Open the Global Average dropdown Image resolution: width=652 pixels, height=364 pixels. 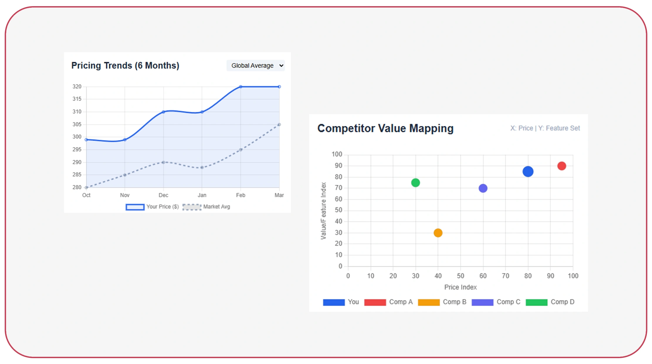[x=255, y=65]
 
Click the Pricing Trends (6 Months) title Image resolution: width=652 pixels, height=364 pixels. [x=125, y=65]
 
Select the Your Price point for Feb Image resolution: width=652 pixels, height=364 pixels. [x=241, y=87]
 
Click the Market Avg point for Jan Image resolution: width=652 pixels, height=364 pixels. [x=202, y=167]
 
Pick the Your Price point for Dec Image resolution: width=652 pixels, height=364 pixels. [x=163, y=112]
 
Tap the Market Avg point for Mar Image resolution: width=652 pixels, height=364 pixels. [x=279, y=125]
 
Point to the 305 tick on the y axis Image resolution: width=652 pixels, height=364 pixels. [x=77, y=124]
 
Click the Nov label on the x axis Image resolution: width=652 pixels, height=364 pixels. [x=125, y=195]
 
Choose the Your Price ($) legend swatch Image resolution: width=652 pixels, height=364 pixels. [x=135, y=207]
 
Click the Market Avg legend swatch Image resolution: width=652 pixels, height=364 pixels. [x=192, y=207]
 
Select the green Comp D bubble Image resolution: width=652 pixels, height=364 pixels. [x=415, y=183]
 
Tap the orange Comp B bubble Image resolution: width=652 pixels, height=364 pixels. [x=438, y=233]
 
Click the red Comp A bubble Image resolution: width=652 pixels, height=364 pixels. [x=562, y=166]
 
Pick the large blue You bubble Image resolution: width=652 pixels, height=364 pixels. [x=528, y=171]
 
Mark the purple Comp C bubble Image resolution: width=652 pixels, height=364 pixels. [x=483, y=188]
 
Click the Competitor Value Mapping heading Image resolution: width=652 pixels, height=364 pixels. [x=385, y=128]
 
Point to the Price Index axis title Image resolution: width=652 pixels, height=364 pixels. [x=460, y=287]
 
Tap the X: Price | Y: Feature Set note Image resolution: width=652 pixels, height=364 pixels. [x=545, y=128]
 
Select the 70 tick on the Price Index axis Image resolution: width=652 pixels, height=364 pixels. [x=505, y=276]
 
